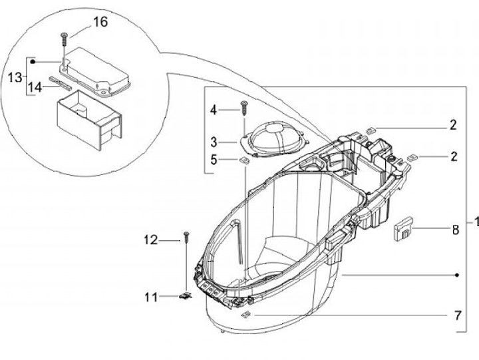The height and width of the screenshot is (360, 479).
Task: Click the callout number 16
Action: pos(100,22)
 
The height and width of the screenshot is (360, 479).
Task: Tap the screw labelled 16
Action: pos(64,39)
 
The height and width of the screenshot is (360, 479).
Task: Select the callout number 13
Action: pos(15,77)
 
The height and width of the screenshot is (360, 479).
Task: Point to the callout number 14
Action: pos(35,87)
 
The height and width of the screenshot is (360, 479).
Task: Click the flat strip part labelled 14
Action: pos(61,83)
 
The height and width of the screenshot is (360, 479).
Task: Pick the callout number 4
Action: pos(214,110)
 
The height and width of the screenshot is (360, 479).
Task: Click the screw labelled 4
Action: pos(243,108)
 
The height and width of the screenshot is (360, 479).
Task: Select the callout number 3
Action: pos(214,142)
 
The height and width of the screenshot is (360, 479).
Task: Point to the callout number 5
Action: pos(214,160)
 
